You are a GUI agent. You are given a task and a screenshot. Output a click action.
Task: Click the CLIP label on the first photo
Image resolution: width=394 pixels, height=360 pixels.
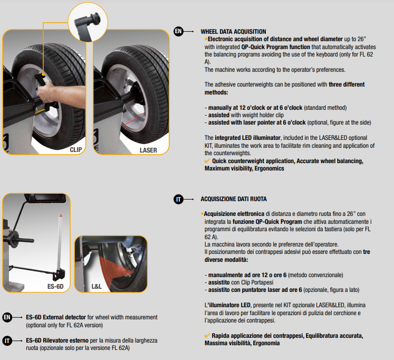(x=75, y=150)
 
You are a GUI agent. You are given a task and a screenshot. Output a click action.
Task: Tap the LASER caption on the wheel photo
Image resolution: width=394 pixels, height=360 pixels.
(x=148, y=150)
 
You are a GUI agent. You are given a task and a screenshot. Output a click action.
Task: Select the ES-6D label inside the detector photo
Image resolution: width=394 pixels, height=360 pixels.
(x=55, y=286)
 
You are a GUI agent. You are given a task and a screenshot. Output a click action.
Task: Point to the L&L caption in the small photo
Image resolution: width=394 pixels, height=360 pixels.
(x=97, y=286)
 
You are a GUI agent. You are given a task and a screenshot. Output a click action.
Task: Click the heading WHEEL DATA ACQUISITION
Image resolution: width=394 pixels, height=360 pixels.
(x=233, y=32)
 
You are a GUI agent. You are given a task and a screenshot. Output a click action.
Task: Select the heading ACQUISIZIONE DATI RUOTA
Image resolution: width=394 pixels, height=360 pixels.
(x=234, y=199)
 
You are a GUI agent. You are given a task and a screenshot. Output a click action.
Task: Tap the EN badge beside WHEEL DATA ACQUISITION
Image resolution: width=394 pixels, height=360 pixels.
(x=178, y=32)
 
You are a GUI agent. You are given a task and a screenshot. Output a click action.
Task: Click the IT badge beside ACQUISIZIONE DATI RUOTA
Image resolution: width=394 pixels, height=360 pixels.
(x=178, y=200)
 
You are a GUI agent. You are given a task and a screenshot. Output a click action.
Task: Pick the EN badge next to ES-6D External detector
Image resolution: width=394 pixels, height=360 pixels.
(x=7, y=317)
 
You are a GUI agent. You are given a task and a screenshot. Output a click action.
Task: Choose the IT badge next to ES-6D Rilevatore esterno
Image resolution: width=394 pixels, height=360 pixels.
(x=7, y=340)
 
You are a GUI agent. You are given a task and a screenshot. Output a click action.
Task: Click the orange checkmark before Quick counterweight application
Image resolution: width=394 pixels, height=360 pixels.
(x=207, y=160)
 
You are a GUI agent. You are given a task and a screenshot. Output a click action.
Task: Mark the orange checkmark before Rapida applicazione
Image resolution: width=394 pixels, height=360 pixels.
(x=207, y=335)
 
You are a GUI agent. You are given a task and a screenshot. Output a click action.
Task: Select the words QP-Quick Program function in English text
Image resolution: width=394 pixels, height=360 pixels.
(x=276, y=47)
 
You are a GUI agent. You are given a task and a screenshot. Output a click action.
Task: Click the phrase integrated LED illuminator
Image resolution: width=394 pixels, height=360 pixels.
(x=247, y=138)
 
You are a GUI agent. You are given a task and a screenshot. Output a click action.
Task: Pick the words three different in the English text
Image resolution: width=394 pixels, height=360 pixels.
(x=347, y=84)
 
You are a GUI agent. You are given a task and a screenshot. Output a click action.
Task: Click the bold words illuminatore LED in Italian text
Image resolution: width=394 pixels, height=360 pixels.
(x=229, y=305)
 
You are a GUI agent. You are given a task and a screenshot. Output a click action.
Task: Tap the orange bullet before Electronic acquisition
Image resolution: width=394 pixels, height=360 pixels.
(x=206, y=39)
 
